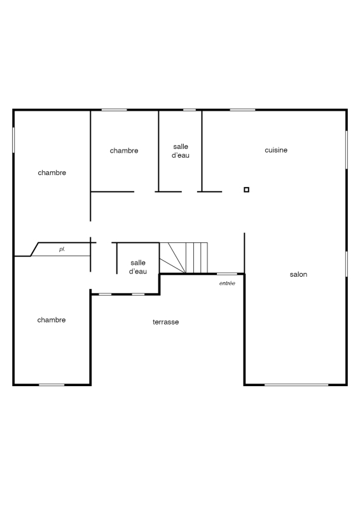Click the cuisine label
click(x=276, y=150)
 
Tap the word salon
click(x=298, y=274)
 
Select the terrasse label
click(x=165, y=322)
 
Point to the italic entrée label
click(x=227, y=283)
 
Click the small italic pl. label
click(x=62, y=249)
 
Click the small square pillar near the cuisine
click(x=246, y=190)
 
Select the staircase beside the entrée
click(x=183, y=258)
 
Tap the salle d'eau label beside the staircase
click(x=138, y=267)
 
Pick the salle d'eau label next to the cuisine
click(x=181, y=151)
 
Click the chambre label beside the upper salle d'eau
click(x=124, y=151)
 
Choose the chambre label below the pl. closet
click(x=52, y=320)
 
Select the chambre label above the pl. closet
click(x=52, y=172)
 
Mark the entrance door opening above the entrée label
click(x=227, y=274)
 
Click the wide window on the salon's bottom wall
click(x=296, y=385)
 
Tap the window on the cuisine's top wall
click(x=242, y=109)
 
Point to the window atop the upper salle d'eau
click(x=190, y=109)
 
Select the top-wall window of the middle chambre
click(x=114, y=109)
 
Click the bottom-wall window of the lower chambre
click(x=52, y=385)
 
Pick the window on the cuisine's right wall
click(x=347, y=150)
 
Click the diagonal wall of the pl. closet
click(x=34, y=249)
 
